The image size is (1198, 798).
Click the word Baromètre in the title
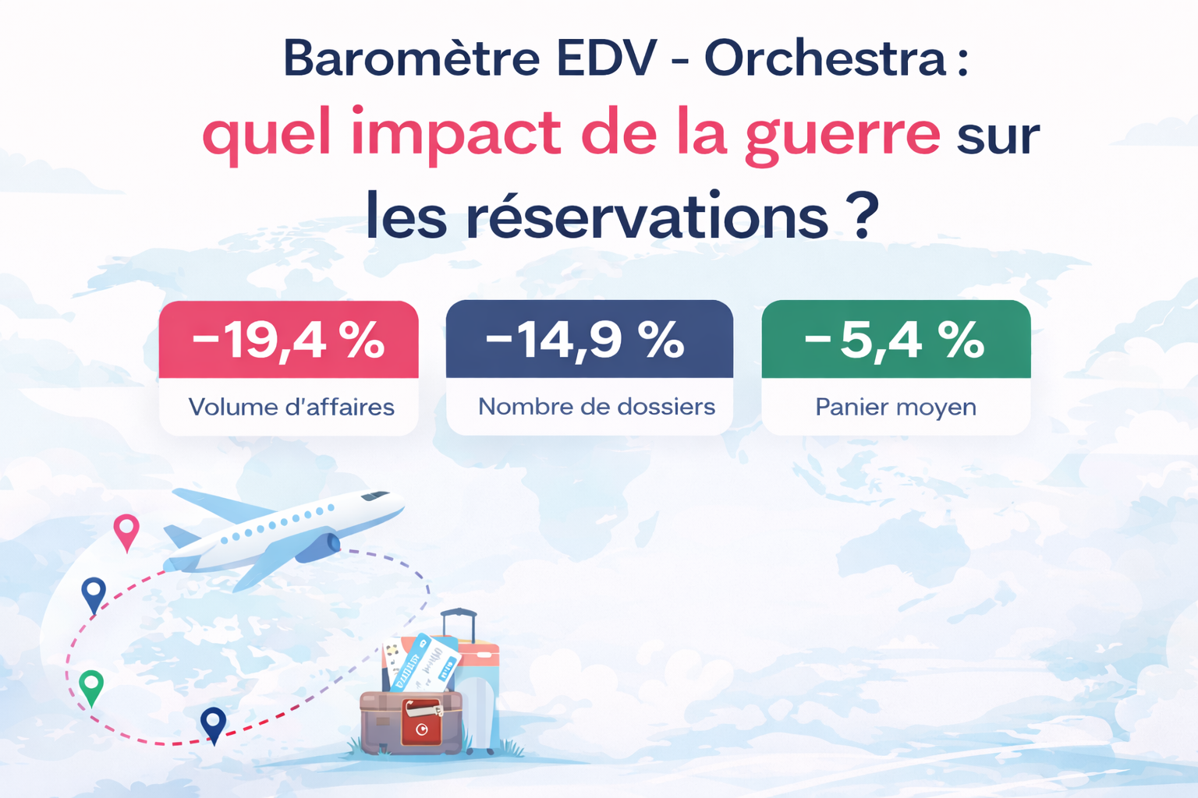pos(411,58)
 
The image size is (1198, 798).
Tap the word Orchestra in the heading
pos(825,58)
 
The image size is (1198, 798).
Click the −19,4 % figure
pos(289,341)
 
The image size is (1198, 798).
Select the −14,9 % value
pos(586,340)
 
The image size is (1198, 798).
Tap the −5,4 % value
pos(895,341)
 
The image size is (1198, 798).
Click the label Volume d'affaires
pos(291,407)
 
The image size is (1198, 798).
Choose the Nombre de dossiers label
pos(596,406)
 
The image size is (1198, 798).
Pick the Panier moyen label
pos(895,407)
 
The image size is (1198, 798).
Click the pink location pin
pos(126,531)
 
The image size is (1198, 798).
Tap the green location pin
pos(91,686)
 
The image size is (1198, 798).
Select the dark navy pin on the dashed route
pos(213,723)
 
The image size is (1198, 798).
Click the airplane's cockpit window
pos(375,496)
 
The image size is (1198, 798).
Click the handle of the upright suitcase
pos(459,621)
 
